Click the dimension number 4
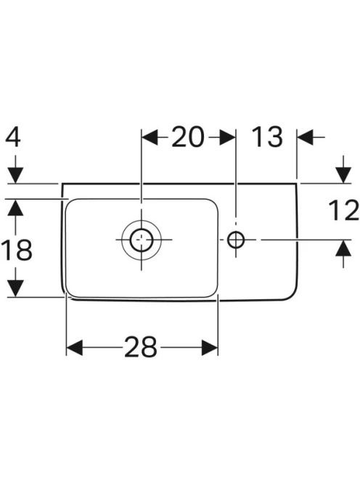[13, 138]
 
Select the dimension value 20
[188, 136]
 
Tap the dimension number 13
[267, 136]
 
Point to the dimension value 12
[343, 211]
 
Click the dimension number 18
[17, 250]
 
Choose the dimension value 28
[141, 347]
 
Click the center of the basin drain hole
[142, 240]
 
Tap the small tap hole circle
[236, 240]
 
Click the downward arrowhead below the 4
[15, 175]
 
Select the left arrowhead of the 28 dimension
[75, 348]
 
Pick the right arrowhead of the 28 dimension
[210, 348]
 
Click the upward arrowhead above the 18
[15, 207]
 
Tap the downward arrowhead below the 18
[15, 289]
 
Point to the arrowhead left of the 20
[150, 137]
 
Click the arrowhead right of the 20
[228, 137]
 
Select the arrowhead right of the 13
[306, 137]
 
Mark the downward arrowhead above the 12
[343, 175]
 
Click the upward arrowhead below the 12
[343, 248]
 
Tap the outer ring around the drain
[122, 240]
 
